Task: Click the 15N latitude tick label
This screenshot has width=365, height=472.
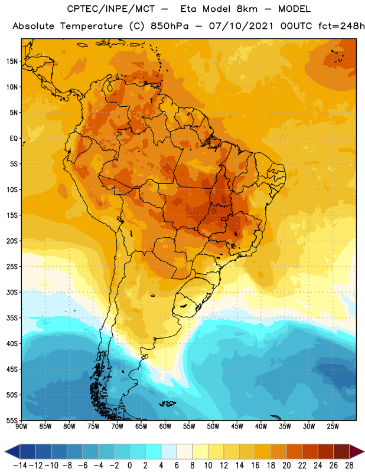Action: (x=12, y=61)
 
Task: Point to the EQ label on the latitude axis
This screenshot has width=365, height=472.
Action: (x=14, y=139)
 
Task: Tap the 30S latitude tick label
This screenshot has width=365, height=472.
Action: (x=12, y=292)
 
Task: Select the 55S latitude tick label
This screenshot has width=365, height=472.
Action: (x=12, y=421)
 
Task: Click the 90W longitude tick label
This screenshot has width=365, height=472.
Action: (x=21, y=426)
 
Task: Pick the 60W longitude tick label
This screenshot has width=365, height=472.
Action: (x=165, y=426)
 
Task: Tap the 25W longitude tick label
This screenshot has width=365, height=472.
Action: (x=333, y=426)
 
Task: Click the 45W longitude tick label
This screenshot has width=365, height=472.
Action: (x=237, y=426)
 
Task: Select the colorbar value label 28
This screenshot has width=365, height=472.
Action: (x=349, y=466)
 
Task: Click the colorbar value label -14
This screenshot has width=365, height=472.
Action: (x=20, y=466)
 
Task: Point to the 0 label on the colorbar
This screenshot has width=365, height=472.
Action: (x=129, y=466)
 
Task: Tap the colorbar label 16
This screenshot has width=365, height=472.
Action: (x=255, y=466)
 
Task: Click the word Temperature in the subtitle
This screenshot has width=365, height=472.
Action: (x=92, y=26)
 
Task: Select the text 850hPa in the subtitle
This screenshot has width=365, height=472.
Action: (x=170, y=26)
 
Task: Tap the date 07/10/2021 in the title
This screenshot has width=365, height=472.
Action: (x=241, y=26)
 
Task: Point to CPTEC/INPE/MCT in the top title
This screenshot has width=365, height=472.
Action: (x=111, y=9)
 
